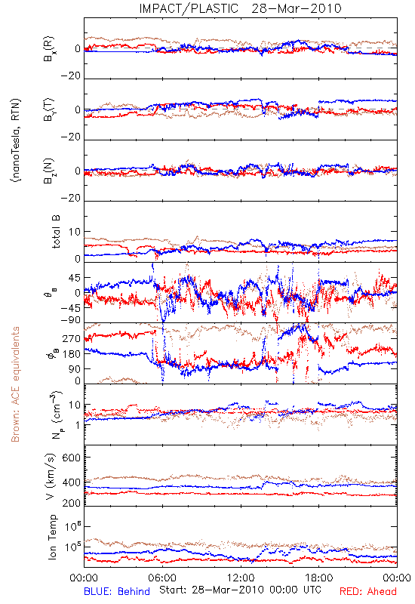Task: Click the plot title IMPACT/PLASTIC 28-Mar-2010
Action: tap(240, 8)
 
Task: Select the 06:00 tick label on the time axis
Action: tap(162, 578)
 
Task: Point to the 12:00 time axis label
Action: tap(241, 578)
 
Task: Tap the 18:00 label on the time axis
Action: tap(318, 578)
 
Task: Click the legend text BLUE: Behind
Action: tap(117, 591)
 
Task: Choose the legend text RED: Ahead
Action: tap(368, 591)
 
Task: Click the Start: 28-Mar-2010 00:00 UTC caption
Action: tap(240, 590)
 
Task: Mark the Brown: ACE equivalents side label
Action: tap(15, 384)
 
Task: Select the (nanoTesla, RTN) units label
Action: tap(16, 140)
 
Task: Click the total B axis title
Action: tap(56, 232)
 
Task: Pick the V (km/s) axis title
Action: tap(51, 476)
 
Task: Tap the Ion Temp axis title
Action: tap(52, 537)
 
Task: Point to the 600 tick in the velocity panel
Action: tap(71, 458)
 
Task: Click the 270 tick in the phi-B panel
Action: tap(72, 339)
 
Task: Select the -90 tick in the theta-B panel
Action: tap(70, 320)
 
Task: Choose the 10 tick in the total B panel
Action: tap(75, 232)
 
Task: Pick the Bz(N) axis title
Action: tap(50, 171)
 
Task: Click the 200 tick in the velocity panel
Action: tap(71, 503)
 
